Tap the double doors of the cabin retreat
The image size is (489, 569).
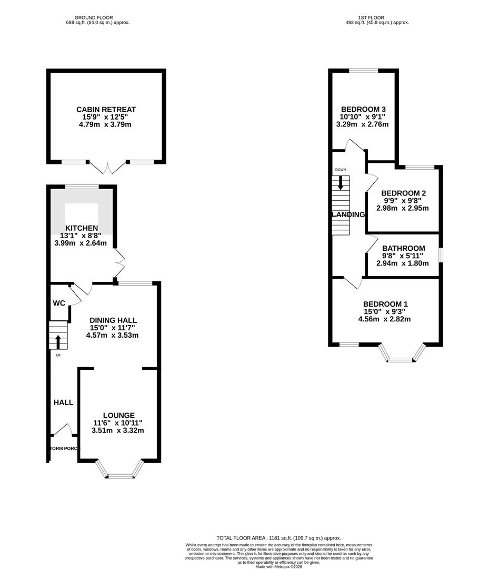[x=108, y=167]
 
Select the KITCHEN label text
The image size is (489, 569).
[x=81, y=228]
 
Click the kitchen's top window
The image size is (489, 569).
[x=82, y=187]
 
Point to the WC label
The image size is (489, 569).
[x=58, y=303]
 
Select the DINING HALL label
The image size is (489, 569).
[x=113, y=320]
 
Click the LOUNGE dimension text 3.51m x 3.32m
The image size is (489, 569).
[x=117, y=430]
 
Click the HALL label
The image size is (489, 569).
[x=63, y=403]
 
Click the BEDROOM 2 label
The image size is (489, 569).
[x=403, y=193]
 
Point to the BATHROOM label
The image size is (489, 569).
[x=403, y=248]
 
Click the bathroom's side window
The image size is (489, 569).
[x=441, y=254]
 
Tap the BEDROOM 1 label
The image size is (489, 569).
[x=385, y=304]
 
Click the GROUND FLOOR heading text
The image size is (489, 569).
[x=94, y=17]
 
